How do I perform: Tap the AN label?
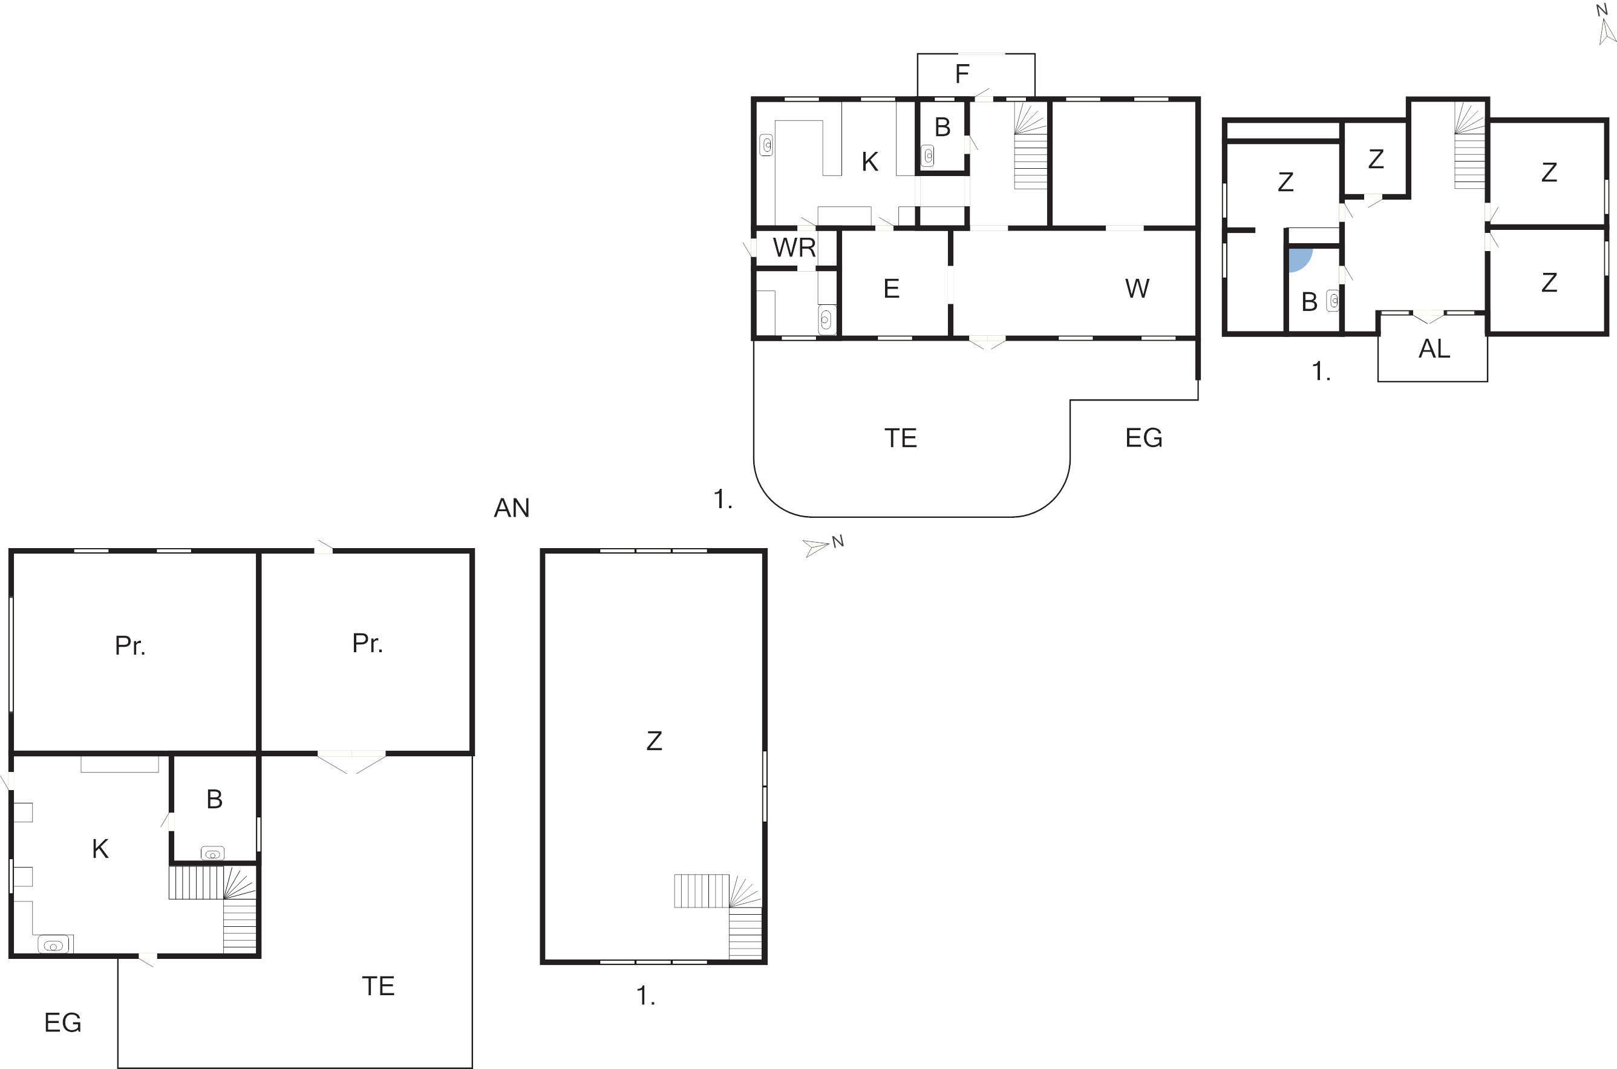(x=511, y=508)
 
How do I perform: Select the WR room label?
(x=794, y=247)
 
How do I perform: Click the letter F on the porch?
(x=962, y=74)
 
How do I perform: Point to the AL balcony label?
(x=1434, y=349)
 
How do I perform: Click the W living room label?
(x=1137, y=289)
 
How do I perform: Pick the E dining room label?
(x=891, y=289)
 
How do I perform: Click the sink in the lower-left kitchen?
(x=54, y=945)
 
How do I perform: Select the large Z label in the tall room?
(x=654, y=741)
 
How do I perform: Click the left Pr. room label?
(x=129, y=646)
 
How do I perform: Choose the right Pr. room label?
(x=367, y=643)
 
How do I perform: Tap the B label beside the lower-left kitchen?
(x=215, y=800)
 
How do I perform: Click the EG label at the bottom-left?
(x=63, y=1022)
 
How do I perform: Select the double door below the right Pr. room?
(x=351, y=762)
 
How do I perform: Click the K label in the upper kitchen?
(x=870, y=162)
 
